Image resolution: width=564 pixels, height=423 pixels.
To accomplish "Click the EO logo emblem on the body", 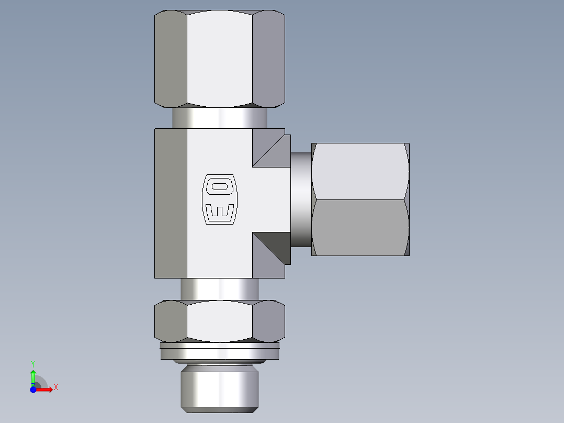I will [220, 199].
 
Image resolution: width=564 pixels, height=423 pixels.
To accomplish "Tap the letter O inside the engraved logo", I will [220, 186].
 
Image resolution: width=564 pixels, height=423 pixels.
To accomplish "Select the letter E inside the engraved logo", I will [220, 212].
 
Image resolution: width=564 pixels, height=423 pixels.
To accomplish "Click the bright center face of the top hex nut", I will [220, 58].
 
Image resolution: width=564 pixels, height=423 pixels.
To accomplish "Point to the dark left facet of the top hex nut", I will [171, 58].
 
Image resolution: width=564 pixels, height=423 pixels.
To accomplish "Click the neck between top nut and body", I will [220, 118].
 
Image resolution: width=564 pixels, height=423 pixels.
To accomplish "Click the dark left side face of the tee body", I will [171, 203].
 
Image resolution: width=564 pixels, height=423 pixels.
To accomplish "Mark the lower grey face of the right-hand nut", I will [361, 228].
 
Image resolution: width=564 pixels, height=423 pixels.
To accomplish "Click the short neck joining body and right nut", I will [301, 199].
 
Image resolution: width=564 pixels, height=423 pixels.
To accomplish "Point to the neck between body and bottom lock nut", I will [220, 289].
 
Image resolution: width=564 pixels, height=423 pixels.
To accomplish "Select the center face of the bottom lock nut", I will [220, 321].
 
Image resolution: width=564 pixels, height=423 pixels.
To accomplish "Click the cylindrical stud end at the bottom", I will [220, 387].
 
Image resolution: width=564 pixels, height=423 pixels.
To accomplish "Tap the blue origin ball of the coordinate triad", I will [33, 389].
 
